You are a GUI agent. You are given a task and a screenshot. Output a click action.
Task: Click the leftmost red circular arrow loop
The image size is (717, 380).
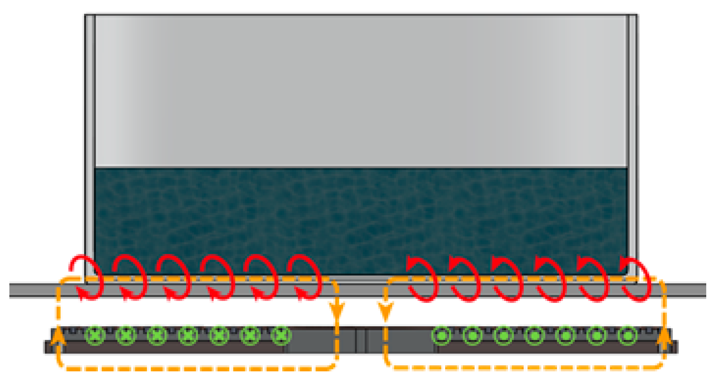click(x=87, y=277)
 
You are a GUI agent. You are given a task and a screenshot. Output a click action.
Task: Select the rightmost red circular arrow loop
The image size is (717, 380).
click(x=635, y=279)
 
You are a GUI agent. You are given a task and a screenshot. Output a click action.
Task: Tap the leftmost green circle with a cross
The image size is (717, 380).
click(x=95, y=335)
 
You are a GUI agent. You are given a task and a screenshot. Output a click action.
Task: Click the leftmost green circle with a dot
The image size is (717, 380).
click(x=441, y=336)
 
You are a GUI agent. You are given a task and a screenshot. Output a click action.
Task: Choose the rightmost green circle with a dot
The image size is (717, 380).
click(x=627, y=336)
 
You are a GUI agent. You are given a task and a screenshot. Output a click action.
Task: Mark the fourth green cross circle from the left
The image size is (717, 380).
click(x=188, y=335)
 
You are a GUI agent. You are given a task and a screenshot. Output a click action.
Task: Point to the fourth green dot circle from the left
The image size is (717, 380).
click(x=534, y=336)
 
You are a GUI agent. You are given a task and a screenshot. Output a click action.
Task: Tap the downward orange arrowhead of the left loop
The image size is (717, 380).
click(x=337, y=310)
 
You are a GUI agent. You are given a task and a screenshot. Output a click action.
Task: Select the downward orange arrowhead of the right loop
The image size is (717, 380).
click(x=385, y=310)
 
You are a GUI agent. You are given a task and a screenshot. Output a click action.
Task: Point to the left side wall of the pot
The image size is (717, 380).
click(x=90, y=139)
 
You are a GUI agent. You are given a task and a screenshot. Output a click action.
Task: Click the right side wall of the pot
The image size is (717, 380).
click(x=632, y=139)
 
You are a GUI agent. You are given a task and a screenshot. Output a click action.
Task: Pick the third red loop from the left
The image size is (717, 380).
click(x=174, y=277)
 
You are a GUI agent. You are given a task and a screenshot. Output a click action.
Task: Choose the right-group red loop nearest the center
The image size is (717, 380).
click(x=422, y=279)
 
